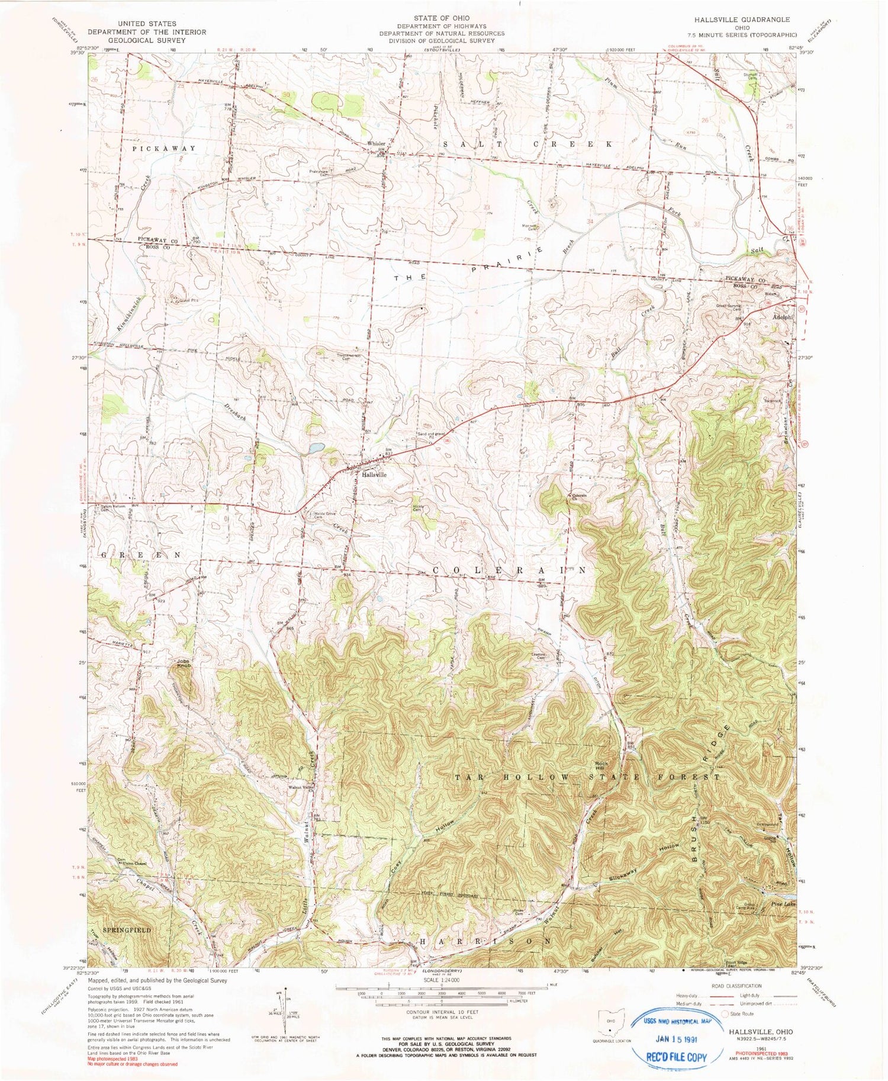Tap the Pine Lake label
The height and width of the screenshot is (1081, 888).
pyautogui.click(x=785, y=904)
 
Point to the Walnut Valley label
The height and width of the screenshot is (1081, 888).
pyautogui.click(x=301, y=787)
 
